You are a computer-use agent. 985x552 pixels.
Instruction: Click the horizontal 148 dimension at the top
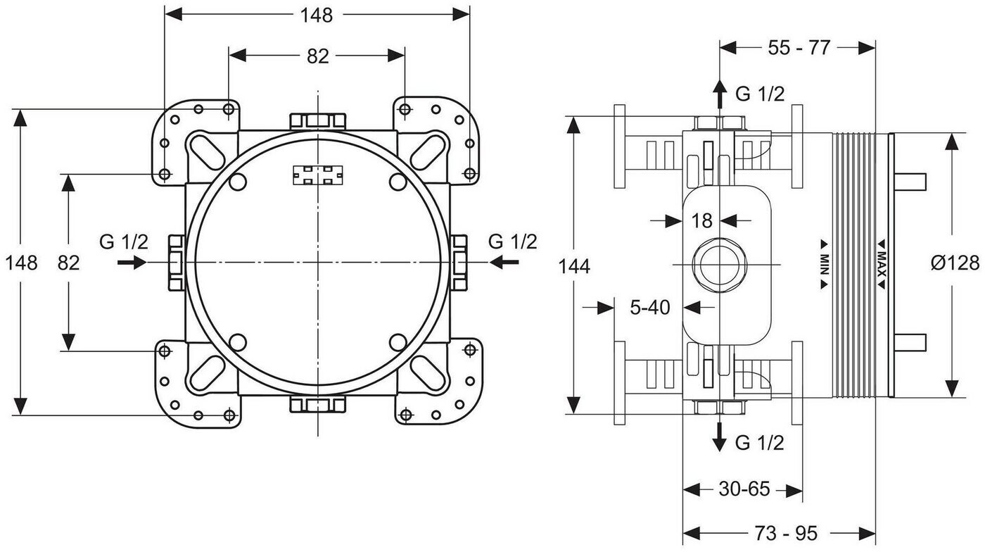(x=317, y=15)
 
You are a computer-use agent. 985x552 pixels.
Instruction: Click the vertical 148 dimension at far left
(x=21, y=263)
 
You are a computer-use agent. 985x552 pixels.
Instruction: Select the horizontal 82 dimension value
(x=317, y=56)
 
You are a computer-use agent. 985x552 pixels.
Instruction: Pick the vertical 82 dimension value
(x=69, y=263)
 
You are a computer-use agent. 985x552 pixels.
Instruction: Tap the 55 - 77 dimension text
(x=799, y=48)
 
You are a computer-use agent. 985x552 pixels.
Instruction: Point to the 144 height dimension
(x=574, y=266)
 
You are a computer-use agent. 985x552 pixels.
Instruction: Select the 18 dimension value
(x=702, y=220)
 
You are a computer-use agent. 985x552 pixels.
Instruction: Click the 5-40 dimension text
(x=650, y=307)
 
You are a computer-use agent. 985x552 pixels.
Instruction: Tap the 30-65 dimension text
(x=744, y=489)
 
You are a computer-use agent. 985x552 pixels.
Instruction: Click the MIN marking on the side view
(x=824, y=264)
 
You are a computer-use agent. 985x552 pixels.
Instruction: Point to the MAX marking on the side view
(x=881, y=264)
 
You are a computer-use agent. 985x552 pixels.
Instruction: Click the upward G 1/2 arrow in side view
(x=719, y=94)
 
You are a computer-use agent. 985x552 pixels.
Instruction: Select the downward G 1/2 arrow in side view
(x=719, y=437)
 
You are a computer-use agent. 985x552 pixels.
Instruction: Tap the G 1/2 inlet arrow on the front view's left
(x=132, y=263)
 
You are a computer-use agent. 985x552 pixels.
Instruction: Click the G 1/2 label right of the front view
(x=513, y=241)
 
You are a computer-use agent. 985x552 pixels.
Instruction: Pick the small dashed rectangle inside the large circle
(x=318, y=175)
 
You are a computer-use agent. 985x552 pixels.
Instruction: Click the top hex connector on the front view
(x=318, y=121)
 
